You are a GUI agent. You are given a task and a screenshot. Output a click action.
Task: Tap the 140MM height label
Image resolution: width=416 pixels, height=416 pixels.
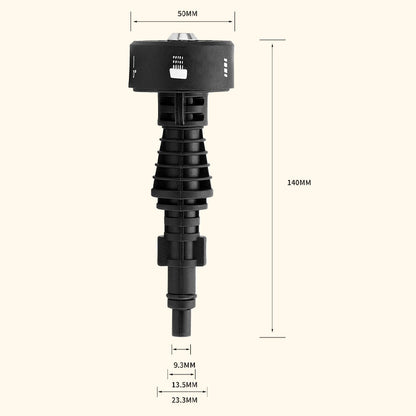click(299, 183)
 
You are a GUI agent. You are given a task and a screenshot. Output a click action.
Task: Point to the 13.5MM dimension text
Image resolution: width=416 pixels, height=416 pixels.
click(182, 384)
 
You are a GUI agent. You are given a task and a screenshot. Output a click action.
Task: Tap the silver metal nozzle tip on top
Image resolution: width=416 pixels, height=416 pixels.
click(181, 36)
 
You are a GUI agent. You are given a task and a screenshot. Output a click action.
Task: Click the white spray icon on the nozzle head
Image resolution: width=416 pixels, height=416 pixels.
click(181, 71)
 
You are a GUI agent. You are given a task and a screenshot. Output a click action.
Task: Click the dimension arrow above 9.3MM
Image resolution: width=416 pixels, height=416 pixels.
click(181, 350)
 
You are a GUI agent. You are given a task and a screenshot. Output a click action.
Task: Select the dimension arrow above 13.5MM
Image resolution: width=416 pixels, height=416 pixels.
click(181, 375)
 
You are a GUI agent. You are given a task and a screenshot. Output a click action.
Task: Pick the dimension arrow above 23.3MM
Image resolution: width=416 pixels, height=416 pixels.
click(181, 393)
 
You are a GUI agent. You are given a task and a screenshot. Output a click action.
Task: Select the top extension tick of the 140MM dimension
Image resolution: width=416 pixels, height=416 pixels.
click(273, 40)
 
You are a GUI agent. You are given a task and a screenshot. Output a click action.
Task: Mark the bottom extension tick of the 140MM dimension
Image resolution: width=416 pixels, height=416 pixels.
click(273, 337)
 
